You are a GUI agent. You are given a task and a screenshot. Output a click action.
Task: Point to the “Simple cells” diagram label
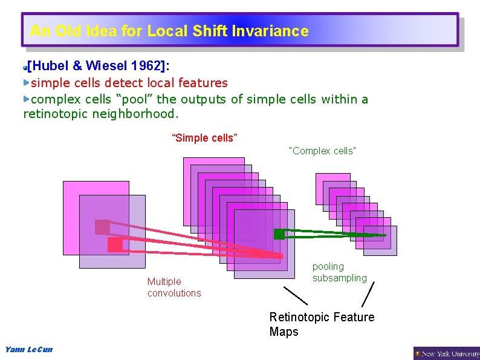click(x=205, y=138)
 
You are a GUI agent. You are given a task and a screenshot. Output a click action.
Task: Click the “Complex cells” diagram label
click(x=323, y=151)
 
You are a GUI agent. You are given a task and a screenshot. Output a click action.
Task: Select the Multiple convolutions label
click(x=174, y=287)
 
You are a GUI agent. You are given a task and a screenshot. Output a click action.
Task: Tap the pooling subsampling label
click(x=339, y=272)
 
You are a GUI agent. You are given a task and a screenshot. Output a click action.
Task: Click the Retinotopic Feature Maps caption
click(x=322, y=324)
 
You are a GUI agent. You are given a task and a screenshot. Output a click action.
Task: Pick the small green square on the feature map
click(x=279, y=234)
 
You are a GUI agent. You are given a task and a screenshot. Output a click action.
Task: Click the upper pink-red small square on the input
click(x=102, y=227)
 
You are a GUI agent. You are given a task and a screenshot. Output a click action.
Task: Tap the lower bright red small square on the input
click(x=115, y=244)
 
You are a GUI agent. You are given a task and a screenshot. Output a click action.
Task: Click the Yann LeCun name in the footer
click(x=28, y=350)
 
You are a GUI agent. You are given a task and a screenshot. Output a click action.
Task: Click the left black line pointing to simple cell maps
click(x=296, y=295)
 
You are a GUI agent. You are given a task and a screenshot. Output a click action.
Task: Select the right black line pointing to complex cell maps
click(x=368, y=293)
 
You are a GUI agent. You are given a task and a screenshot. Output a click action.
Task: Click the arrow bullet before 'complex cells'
click(x=27, y=97)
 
